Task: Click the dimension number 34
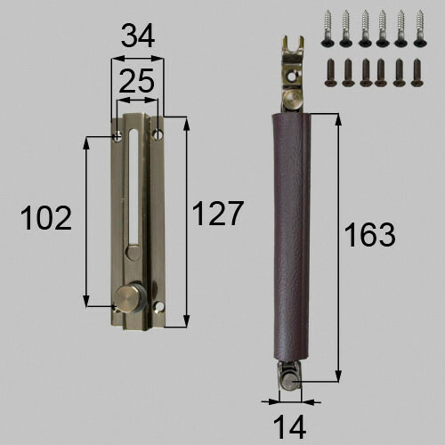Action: (x=138, y=36)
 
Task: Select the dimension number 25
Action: (x=137, y=80)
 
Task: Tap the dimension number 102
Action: (x=46, y=218)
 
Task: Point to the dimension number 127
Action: (x=218, y=214)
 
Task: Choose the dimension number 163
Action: (x=369, y=235)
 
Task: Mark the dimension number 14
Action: (x=289, y=427)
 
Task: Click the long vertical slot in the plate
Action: (x=134, y=186)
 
